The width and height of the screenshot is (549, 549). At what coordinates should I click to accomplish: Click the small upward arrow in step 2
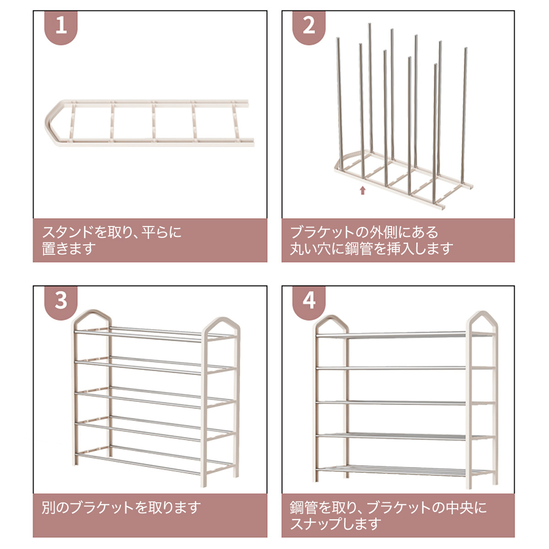[x=362, y=190]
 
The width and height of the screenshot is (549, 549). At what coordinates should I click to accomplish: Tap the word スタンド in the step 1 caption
[x=68, y=232]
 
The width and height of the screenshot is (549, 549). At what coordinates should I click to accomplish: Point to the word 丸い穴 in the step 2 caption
[x=311, y=248]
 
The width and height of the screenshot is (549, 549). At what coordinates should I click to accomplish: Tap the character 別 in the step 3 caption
[x=48, y=507]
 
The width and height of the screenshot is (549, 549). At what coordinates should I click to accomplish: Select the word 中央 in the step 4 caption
[x=459, y=507]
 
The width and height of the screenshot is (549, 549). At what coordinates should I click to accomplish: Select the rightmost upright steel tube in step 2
[x=464, y=117]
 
